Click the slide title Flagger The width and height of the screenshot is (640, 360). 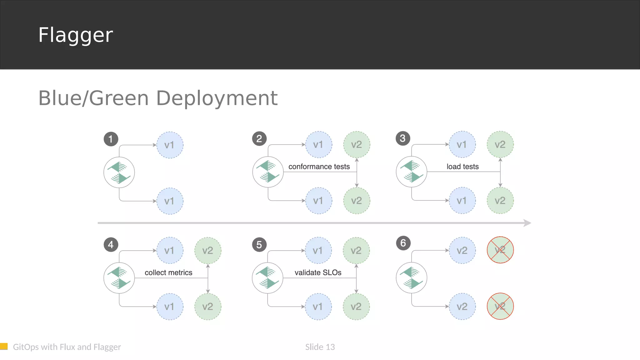tap(75, 35)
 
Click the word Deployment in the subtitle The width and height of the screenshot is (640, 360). tap(217, 98)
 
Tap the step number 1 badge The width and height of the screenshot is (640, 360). tap(111, 139)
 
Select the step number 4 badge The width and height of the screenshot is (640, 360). tap(111, 245)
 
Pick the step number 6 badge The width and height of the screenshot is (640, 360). tap(403, 243)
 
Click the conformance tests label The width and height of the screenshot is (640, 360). tap(319, 167)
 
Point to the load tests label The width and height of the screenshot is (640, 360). tap(462, 167)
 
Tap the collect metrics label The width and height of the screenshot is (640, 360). tap(168, 272)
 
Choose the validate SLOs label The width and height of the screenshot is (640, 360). tap(318, 272)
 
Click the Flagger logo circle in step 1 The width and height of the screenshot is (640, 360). tap(119, 172)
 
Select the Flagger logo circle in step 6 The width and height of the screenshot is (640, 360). tap(411, 278)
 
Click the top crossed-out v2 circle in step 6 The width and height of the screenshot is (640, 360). tap(500, 250)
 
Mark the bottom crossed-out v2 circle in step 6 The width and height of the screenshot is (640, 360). tap(500, 306)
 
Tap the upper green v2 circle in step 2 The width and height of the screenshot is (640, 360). tap(357, 145)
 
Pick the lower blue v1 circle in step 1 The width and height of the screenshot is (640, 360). tap(170, 201)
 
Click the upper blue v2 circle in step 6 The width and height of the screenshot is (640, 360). tap(462, 250)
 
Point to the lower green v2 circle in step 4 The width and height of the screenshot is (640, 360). tap(208, 307)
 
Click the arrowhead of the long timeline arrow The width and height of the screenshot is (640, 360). tap(527, 223)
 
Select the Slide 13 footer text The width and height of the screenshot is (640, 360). tap(320, 347)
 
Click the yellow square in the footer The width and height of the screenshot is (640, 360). tap(4, 346)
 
